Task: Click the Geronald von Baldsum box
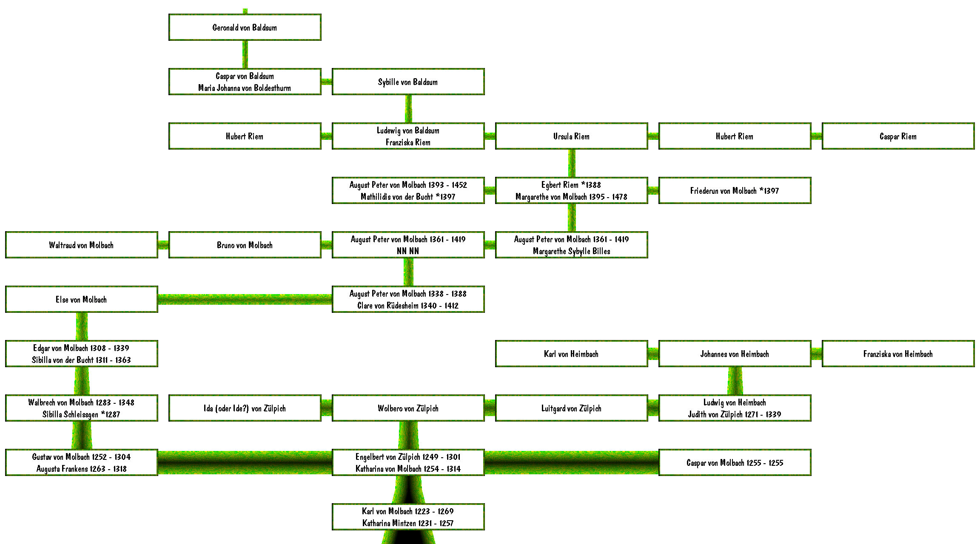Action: pyautogui.click(x=245, y=27)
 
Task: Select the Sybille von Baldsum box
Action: pyautogui.click(x=408, y=82)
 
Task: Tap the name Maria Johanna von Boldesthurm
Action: pyautogui.click(x=245, y=88)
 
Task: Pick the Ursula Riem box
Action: pyautogui.click(x=572, y=136)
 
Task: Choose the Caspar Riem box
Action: pyautogui.click(x=898, y=136)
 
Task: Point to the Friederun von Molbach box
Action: pyautogui.click(x=735, y=190)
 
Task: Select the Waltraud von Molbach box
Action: pyautogui.click(x=82, y=245)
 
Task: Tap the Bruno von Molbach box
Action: pyautogui.click(x=245, y=245)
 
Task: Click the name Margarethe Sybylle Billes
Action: pyautogui.click(x=572, y=251)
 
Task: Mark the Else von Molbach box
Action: pyautogui.click(x=82, y=299)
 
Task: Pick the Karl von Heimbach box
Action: pyautogui.click(x=572, y=354)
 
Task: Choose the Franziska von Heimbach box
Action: pyautogui.click(x=898, y=354)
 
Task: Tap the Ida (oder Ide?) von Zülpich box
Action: pyautogui.click(x=245, y=408)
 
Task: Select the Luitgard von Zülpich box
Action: pyautogui.click(x=572, y=408)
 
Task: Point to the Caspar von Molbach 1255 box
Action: pyautogui.click(x=735, y=462)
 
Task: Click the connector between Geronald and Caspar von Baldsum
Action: pyautogui.click(x=245, y=54)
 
